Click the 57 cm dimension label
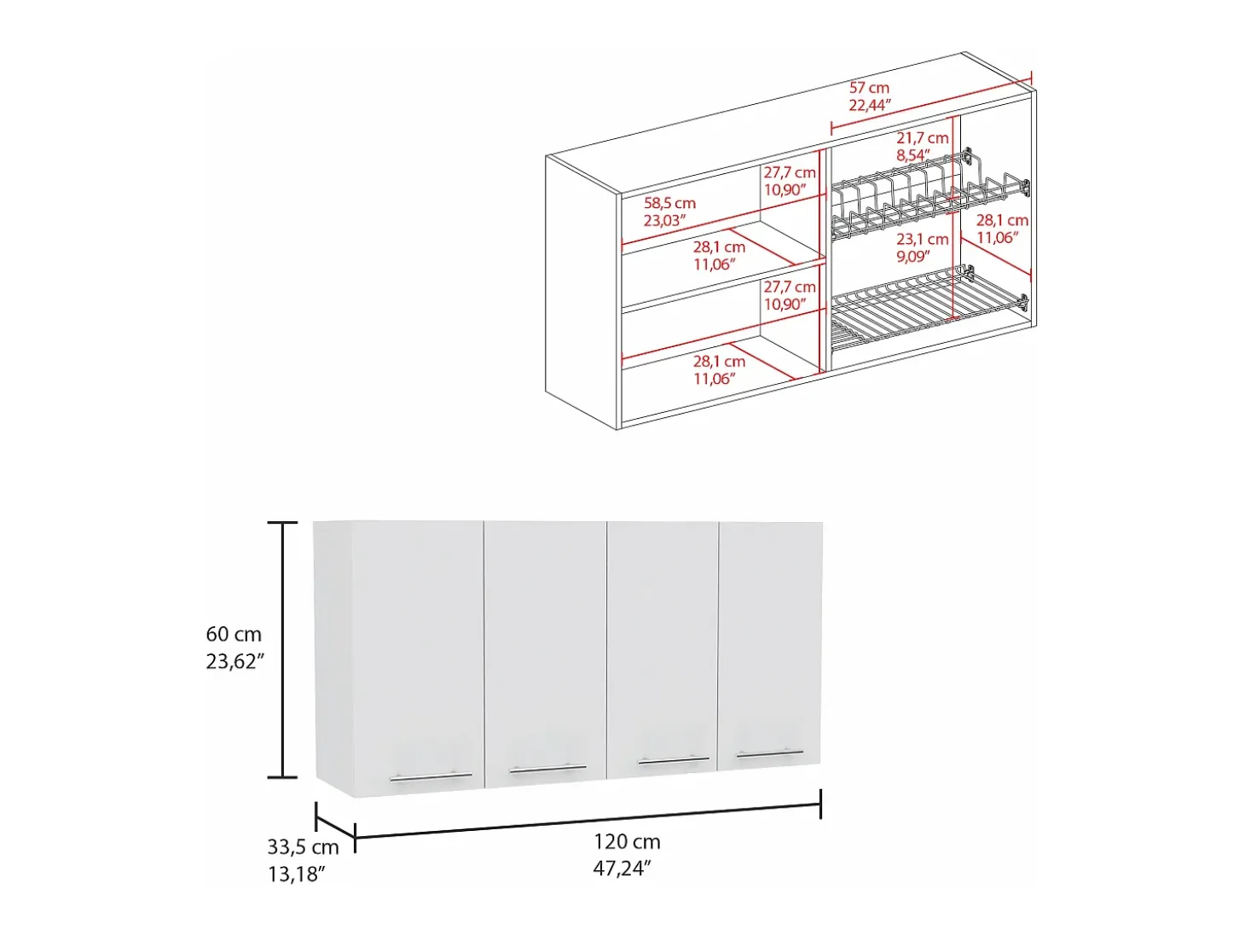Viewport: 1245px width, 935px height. tap(869, 88)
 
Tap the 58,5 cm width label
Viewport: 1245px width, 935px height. tap(669, 203)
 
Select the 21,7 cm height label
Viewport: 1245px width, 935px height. tap(923, 138)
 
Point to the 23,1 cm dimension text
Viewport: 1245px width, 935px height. tap(923, 239)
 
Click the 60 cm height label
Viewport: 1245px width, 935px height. tap(234, 634)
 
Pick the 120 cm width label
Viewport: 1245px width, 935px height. tap(627, 841)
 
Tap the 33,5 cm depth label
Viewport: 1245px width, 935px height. tap(303, 847)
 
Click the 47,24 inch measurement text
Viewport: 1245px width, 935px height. tap(622, 868)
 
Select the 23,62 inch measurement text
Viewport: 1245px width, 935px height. tap(235, 661)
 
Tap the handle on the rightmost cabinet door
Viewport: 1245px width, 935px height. tap(770, 753)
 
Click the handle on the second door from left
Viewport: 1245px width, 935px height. tap(548, 769)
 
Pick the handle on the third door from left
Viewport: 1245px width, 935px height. tap(674, 760)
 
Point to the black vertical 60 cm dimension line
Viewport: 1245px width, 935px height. tap(282, 649)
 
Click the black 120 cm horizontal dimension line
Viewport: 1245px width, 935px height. tap(588, 821)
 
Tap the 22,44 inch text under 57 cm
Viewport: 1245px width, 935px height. tap(870, 105)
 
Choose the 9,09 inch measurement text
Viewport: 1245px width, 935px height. tap(912, 257)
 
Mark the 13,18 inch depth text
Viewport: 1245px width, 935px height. tap(297, 874)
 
